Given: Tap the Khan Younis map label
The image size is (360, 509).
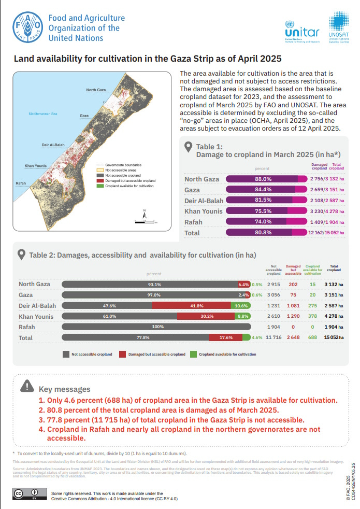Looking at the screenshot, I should click(x=36, y=166).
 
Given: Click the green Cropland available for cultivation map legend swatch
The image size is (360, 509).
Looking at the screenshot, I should click(x=100, y=185).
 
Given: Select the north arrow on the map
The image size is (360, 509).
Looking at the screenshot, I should click(x=145, y=213).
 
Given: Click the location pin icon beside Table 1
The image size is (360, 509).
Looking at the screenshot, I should click(x=189, y=149).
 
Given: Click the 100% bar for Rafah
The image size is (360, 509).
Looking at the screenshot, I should click(x=156, y=327).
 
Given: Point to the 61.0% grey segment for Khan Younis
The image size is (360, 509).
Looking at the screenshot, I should click(x=119, y=316).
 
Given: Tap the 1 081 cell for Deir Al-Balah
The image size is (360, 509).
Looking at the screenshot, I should click(x=294, y=305).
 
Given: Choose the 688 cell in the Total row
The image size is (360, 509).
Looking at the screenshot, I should click(x=312, y=337).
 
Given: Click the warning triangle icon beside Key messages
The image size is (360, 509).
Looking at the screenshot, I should click(x=26, y=387).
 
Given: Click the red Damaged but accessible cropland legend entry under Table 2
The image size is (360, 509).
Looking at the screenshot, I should click(x=152, y=354).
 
